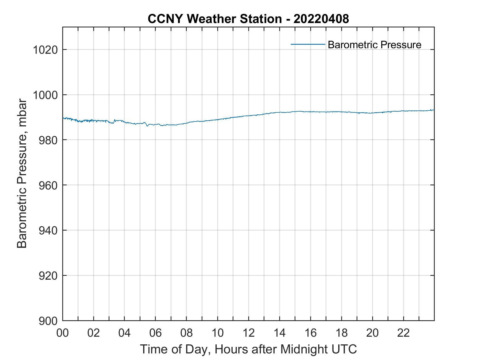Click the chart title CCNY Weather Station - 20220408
coord(248,19)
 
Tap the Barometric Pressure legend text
coord(374,45)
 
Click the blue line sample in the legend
coord(308,44)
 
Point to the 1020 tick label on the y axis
coord(45,50)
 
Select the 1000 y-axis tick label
coord(45,95)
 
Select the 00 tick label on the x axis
coord(63,333)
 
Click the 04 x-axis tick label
coord(125,333)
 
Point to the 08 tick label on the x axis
coord(187,333)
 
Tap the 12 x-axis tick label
coord(249,333)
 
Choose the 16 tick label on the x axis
coord(310,333)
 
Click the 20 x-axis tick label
coord(372,333)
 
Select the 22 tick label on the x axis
coord(403,333)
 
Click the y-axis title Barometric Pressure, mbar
coord(22,174)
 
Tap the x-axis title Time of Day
coord(248,349)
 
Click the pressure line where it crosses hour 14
coord(279,112)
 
